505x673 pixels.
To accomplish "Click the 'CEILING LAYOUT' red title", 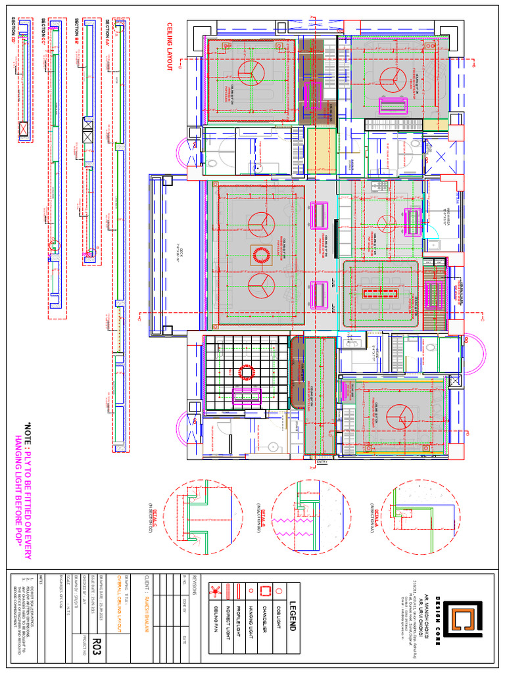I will click(169, 46).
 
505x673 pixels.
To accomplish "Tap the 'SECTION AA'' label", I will click(107, 32).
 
